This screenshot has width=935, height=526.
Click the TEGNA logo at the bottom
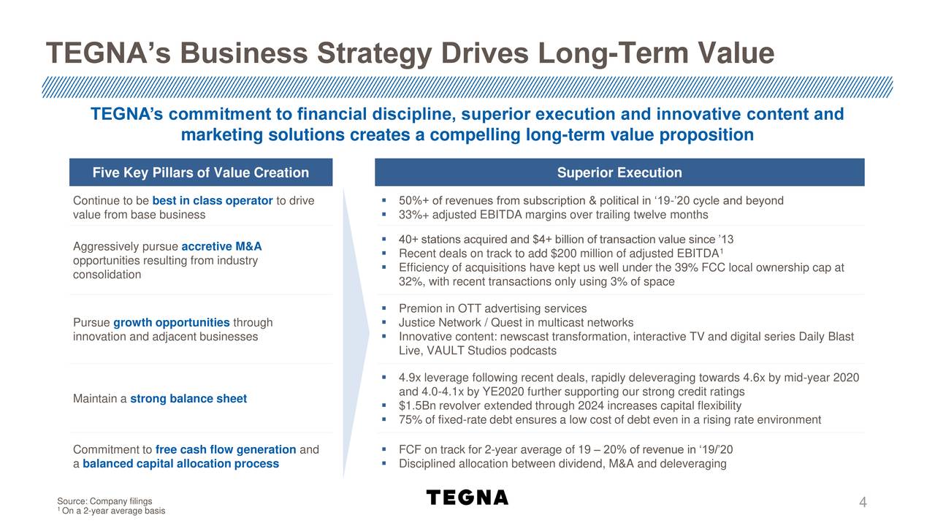(467, 498)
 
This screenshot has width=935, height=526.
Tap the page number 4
(863, 503)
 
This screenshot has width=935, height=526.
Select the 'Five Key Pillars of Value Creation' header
(201, 173)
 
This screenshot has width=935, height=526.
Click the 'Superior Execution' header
(619, 173)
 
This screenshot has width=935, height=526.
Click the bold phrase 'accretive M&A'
(221, 246)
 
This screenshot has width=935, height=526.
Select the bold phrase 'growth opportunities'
(171, 323)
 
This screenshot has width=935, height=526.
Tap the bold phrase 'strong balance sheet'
(188, 399)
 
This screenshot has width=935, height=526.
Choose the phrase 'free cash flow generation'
(226, 450)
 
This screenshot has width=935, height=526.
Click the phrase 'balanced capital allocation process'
(180, 464)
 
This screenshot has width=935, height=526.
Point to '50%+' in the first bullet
(413, 201)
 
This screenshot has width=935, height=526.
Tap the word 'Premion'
(420, 309)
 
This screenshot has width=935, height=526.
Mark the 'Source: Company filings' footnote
(104, 501)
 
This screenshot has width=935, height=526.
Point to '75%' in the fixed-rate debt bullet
(411, 420)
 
